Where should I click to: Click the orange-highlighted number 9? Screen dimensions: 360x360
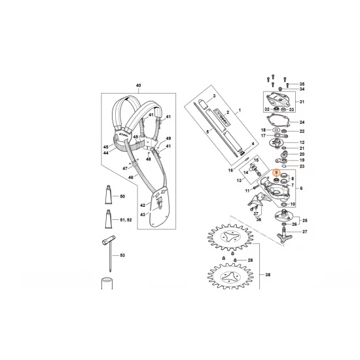point(276,173)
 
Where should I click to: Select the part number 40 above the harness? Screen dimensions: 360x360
point(137,86)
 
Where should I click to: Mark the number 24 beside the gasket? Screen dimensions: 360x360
point(302,122)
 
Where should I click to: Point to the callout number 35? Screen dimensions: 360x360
point(302,84)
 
